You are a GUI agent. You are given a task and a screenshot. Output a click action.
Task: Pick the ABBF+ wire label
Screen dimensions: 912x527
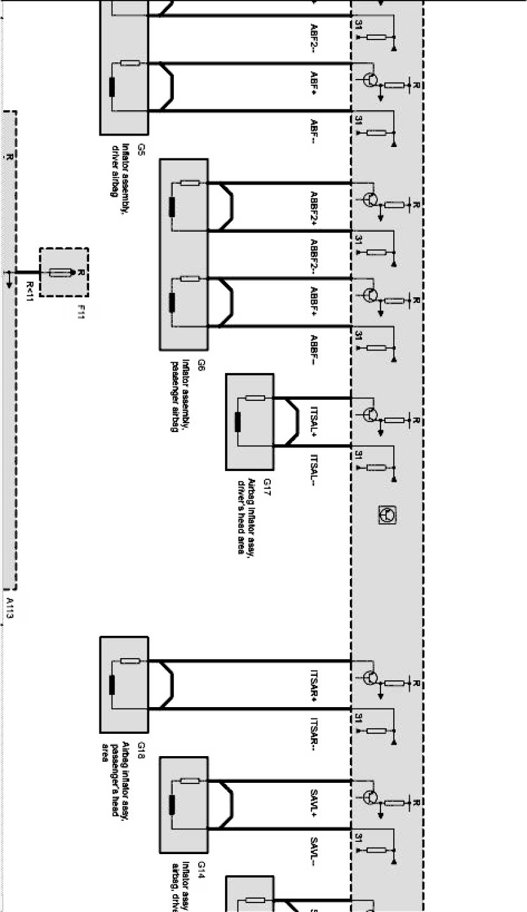pyautogui.click(x=314, y=300)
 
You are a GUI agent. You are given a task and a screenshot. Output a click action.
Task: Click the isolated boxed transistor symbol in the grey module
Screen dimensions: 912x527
pyautogui.click(x=387, y=514)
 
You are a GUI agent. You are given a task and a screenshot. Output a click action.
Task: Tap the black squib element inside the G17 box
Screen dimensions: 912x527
pyautogui.click(x=238, y=422)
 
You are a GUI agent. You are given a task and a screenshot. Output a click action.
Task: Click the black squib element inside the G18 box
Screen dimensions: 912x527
pyautogui.click(x=113, y=685)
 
